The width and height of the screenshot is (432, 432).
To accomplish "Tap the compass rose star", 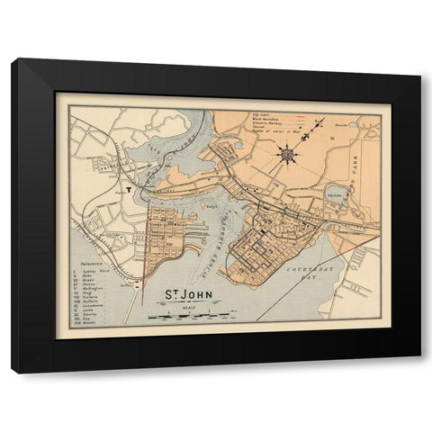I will [288, 154].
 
